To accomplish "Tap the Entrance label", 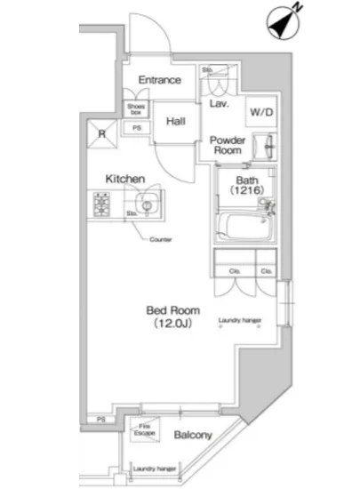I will (x=160, y=80).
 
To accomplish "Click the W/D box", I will (x=261, y=112).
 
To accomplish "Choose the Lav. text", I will (x=220, y=103).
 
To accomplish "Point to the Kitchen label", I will (x=125, y=179).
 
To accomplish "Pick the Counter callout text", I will (x=160, y=240).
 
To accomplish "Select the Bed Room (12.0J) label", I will (x=172, y=316).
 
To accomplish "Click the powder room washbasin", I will (x=267, y=146).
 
